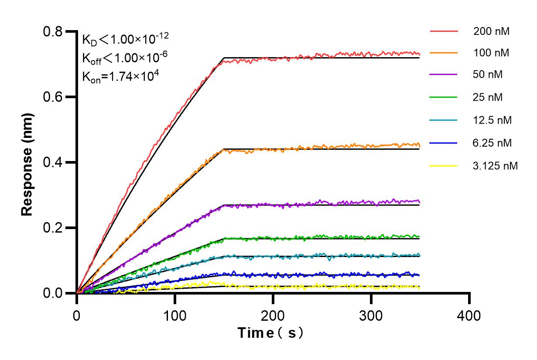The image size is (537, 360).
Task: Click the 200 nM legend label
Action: point(492,31)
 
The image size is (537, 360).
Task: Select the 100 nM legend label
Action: point(492,53)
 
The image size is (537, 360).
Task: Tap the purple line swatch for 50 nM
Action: point(444,75)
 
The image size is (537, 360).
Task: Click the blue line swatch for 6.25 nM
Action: point(444,143)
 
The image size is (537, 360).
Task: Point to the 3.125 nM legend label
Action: point(496,166)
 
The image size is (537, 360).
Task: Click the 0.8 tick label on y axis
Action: point(53,31)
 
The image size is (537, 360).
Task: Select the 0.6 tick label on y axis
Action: point(53,97)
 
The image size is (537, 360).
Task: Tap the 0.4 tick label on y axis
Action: point(53,162)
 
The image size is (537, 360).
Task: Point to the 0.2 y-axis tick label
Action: point(53,228)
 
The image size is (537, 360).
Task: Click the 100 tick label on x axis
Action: point(175,315)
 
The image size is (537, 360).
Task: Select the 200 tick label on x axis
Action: point(273,315)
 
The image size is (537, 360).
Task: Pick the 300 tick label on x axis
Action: point(371,315)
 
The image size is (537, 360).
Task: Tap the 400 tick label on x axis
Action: point(469,315)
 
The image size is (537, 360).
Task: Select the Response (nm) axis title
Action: point(27,162)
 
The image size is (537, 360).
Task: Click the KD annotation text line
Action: point(126,39)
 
